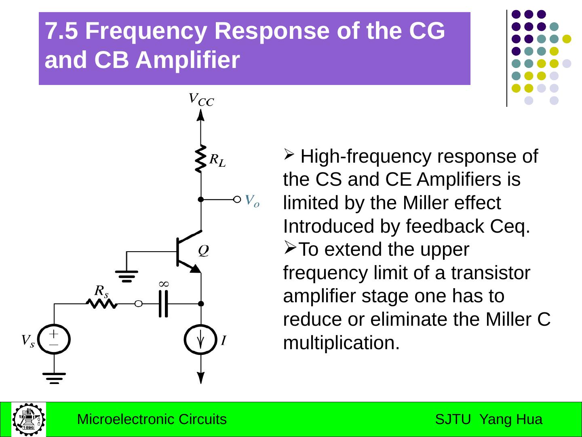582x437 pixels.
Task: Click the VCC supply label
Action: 201,99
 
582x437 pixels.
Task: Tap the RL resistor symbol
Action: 200,159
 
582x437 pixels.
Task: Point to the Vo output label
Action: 252,200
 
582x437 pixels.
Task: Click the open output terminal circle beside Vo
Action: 237,199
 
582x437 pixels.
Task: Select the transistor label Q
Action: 203,250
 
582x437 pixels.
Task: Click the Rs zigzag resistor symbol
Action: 102,303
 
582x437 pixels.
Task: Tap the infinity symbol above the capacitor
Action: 164,284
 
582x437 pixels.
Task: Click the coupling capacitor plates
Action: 163,303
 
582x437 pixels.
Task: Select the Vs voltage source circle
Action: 54,339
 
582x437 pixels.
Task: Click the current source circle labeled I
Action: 200,339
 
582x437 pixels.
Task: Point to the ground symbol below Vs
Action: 54,378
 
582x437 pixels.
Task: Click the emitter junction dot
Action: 201,303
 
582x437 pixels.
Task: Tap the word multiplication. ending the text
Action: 341,343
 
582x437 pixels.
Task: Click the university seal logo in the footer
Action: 29,419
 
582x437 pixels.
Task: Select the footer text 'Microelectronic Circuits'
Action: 152,419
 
